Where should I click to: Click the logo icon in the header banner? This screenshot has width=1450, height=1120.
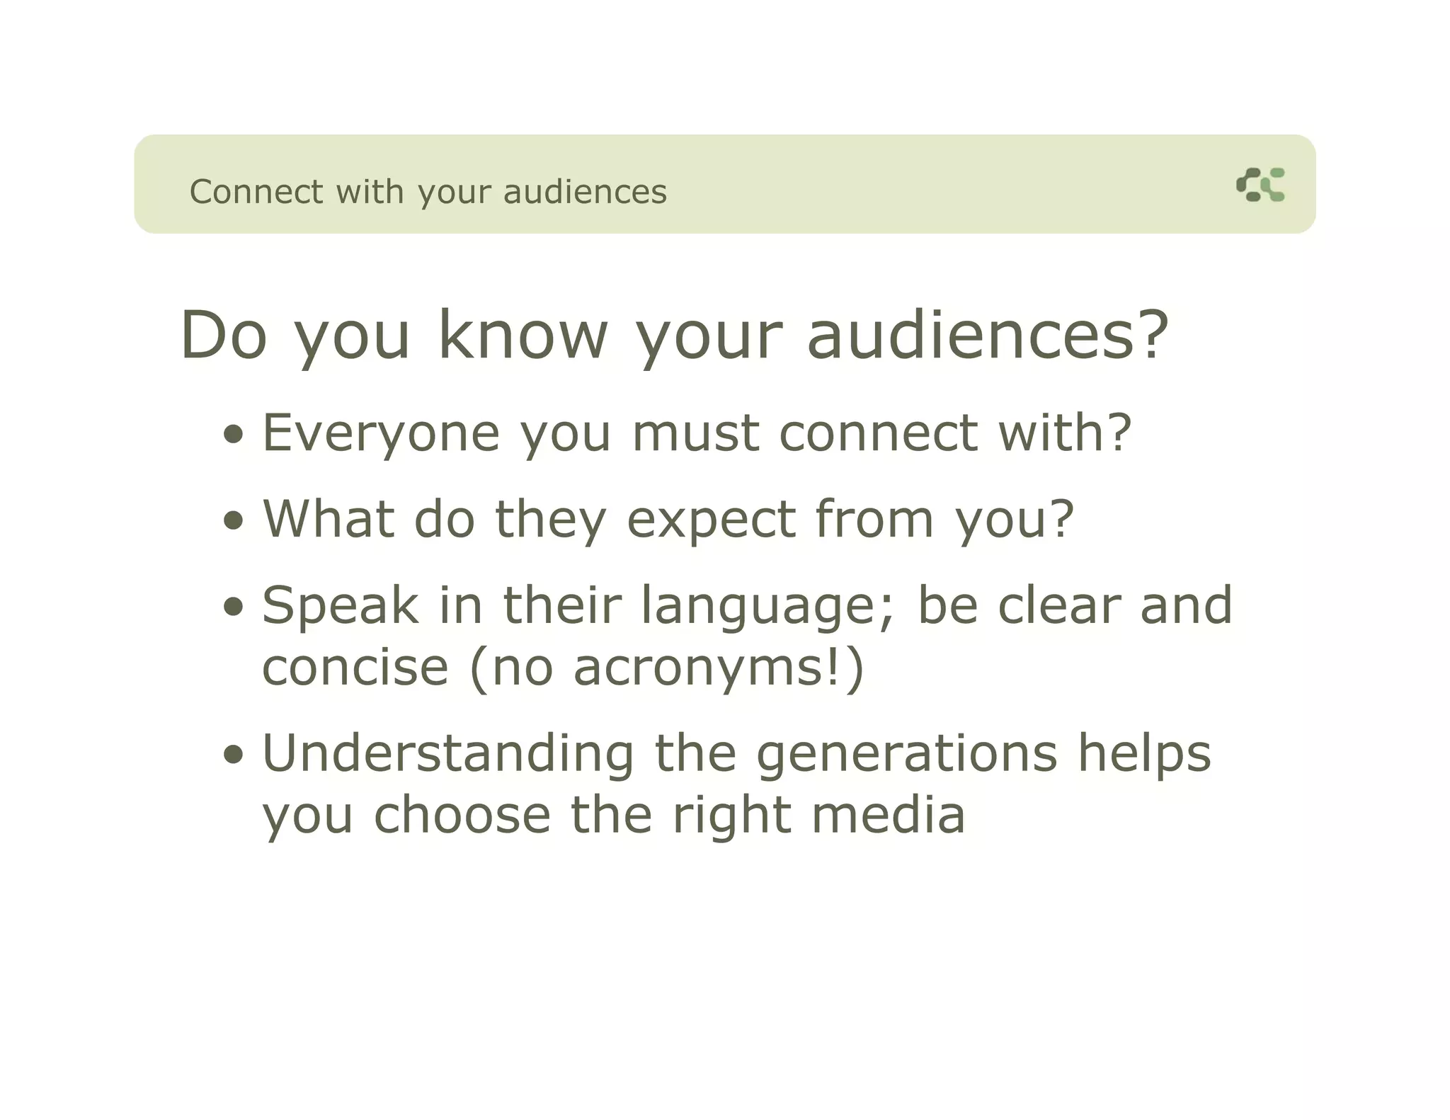pos(1260,185)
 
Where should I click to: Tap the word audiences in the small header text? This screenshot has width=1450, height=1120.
pos(585,192)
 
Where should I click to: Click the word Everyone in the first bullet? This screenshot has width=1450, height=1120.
pos(381,433)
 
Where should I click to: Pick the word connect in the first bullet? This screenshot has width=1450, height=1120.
pos(878,433)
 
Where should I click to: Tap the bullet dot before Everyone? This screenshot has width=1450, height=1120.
pos(233,435)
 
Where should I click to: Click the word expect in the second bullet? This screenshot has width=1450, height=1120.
pos(711,520)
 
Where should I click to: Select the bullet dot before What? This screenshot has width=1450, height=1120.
pos(233,522)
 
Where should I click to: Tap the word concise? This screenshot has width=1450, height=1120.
pos(355,668)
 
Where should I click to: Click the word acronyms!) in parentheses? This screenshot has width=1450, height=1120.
pos(719,668)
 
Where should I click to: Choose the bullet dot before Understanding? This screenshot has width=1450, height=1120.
pos(233,755)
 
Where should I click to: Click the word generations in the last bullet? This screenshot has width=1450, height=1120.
pos(907,755)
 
